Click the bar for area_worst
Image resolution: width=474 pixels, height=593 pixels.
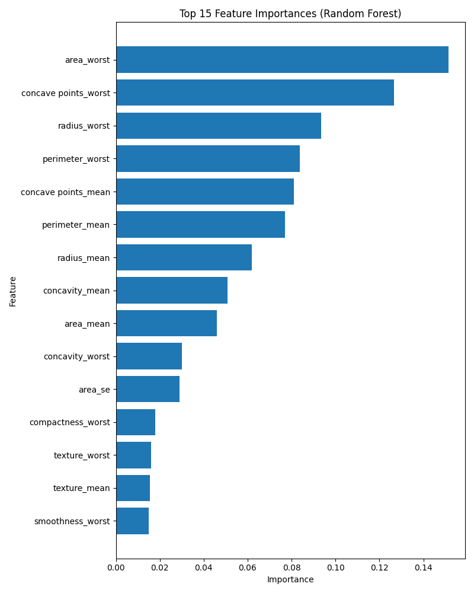(x=282, y=59)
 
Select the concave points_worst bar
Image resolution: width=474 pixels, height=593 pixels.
(x=255, y=93)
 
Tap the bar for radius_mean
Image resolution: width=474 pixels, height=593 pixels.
(x=184, y=257)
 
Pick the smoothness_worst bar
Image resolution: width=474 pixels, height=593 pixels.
(x=132, y=521)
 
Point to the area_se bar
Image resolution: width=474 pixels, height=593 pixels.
(x=148, y=389)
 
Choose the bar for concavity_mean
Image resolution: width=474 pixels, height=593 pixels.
(x=172, y=290)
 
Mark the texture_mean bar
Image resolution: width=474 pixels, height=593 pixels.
(x=133, y=488)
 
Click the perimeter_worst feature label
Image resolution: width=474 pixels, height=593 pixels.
(x=76, y=159)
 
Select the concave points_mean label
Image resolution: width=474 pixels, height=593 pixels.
(x=65, y=192)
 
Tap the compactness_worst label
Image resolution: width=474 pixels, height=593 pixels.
(x=69, y=422)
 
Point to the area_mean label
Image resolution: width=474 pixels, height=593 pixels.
(x=87, y=324)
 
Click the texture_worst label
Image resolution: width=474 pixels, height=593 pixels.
(x=82, y=455)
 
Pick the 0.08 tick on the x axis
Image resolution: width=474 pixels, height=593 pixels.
(x=292, y=568)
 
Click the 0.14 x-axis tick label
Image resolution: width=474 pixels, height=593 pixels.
(x=423, y=568)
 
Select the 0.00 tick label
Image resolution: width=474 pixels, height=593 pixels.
(x=116, y=568)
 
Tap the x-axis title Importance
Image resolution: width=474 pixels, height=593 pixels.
(x=290, y=579)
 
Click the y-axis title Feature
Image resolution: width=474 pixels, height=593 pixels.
(x=12, y=291)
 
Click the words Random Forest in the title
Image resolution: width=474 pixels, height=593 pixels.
(x=366, y=14)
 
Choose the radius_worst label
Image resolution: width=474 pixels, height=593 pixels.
(x=84, y=126)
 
